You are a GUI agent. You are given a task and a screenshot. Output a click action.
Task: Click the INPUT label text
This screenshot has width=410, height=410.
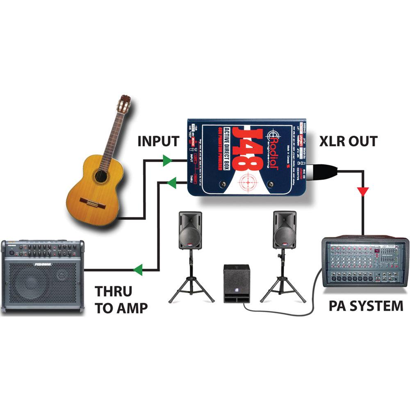(158, 141)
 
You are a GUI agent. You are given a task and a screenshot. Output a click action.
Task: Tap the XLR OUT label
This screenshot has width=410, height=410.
(348, 141)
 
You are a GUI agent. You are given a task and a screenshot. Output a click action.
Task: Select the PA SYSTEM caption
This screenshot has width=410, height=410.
(366, 305)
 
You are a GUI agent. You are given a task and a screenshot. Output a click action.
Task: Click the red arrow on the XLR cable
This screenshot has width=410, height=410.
(363, 191)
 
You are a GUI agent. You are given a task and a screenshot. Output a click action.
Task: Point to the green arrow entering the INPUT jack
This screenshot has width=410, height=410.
(166, 160)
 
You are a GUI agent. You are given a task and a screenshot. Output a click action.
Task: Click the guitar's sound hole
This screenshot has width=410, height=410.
(100, 176)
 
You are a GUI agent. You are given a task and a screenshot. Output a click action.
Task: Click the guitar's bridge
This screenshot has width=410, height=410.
(93, 203)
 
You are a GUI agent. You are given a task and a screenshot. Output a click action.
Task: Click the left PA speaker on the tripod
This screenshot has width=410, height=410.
(190, 230)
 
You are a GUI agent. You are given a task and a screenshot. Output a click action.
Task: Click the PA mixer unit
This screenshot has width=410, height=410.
(365, 262)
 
